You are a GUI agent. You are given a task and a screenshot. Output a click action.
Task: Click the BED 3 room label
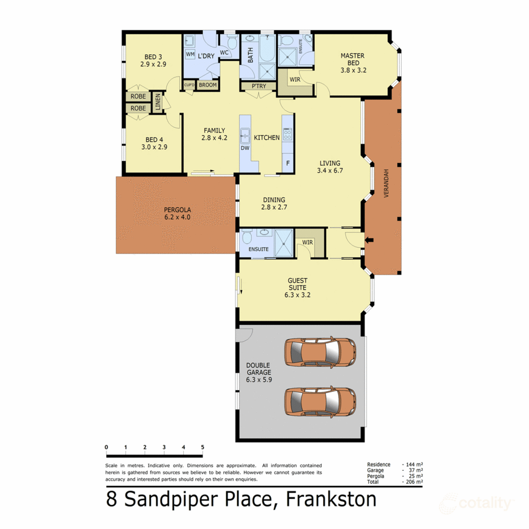pyautogui.click(x=153, y=57)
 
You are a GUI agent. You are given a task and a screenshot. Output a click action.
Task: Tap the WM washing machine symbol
pyautogui.click(x=190, y=54)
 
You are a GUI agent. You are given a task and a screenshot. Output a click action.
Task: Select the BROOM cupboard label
pyautogui.click(x=208, y=85)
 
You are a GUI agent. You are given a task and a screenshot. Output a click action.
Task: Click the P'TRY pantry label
pyautogui.click(x=259, y=86)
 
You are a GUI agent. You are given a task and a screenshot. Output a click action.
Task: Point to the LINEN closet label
pyautogui.click(x=158, y=102)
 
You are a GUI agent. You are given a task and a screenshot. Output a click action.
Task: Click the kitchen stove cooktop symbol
pyautogui.click(x=287, y=134)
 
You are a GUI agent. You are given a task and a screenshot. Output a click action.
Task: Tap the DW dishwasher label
pyautogui.click(x=245, y=148)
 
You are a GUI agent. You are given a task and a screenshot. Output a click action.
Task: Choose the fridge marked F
pyautogui.click(x=288, y=164)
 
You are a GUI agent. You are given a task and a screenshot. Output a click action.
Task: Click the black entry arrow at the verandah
pyautogui.click(x=369, y=240)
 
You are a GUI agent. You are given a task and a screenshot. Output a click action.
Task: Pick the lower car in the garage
pyautogui.click(x=320, y=402)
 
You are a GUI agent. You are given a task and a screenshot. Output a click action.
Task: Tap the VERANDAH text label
pyautogui.click(x=386, y=183)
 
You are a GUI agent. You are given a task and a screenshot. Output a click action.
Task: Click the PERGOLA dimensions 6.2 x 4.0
pyautogui.click(x=177, y=217)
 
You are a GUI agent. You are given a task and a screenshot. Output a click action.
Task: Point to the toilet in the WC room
pyautogui.click(x=232, y=42)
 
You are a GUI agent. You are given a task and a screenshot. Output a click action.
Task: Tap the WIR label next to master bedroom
pyautogui.click(x=295, y=80)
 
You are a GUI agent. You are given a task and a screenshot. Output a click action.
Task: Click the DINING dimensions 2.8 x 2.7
pyautogui.click(x=274, y=207)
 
